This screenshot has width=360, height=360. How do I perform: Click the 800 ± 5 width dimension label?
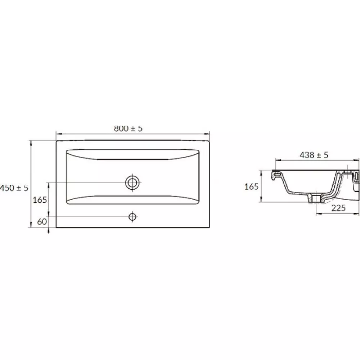[x=128, y=129]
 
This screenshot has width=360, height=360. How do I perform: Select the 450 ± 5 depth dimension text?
[x=14, y=188]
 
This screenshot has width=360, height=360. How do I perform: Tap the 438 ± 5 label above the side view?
[x=314, y=155]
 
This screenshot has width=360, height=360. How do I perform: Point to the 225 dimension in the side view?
[x=338, y=208]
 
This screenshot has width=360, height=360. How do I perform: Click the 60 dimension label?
[x=42, y=221]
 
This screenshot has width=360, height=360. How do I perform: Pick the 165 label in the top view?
[x=40, y=200]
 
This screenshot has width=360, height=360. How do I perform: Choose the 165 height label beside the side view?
[x=251, y=186]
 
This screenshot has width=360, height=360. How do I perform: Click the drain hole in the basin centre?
[x=132, y=183]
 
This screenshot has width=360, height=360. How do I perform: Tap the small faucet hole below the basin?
[x=132, y=216]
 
